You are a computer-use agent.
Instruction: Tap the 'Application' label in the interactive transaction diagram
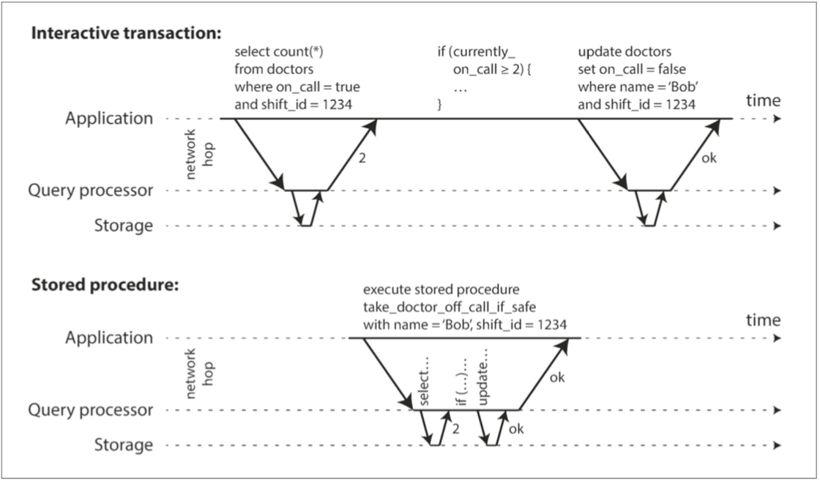pos(109,119)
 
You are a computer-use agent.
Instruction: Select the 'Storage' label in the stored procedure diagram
pos(124,445)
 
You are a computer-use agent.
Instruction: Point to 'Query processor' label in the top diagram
pos(91,190)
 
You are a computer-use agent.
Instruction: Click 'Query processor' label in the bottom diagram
pos(91,410)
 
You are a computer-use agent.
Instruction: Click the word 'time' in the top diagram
pos(764,100)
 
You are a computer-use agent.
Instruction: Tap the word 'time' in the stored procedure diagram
pos(764,319)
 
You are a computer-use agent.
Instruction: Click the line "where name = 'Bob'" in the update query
pos(627,87)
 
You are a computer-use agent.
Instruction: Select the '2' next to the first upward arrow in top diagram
pos(359,157)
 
